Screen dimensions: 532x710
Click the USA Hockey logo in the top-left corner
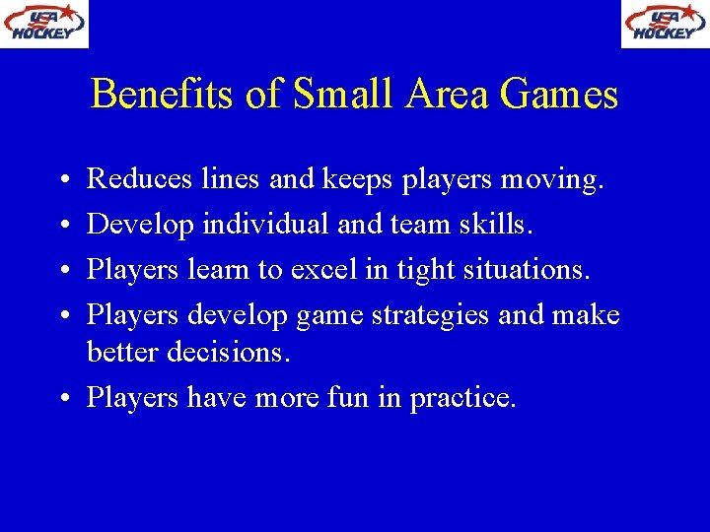(43, 24)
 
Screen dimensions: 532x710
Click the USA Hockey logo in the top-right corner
(665, 24)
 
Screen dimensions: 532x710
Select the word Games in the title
(558, 95)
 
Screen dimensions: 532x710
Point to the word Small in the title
(330, 95)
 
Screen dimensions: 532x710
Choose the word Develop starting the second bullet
(141, 225)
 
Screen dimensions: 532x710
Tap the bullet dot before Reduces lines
(62, 181)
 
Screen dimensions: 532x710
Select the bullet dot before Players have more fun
(62, 399)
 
